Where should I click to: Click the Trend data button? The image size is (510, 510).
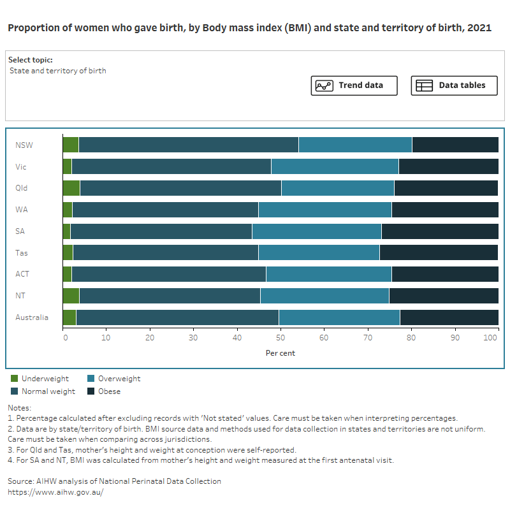(x=354, y=85)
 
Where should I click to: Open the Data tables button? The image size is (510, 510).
(x=454, y=85)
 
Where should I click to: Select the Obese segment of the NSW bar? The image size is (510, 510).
(x=455, y=145)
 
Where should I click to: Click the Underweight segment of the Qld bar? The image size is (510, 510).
(x=71, y=188)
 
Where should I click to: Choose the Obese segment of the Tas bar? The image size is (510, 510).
(x=438, y=253)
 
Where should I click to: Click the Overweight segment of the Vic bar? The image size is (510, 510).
(x=335, y=166)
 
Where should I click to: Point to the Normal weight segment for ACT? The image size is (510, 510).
(x=168, y=274)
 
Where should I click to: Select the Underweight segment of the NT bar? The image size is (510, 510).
(x=71, y=296)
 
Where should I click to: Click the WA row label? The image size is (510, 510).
(x=22, y=210)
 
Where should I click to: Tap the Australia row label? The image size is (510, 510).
(x=32, y=317)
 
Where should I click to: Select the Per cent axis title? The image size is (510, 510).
(x=280, y=353)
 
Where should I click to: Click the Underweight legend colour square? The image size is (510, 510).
(x=15, y=379)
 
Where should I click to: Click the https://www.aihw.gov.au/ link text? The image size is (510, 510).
(x=55, y=492)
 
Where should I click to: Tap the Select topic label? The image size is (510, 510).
(x=31, y=60)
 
